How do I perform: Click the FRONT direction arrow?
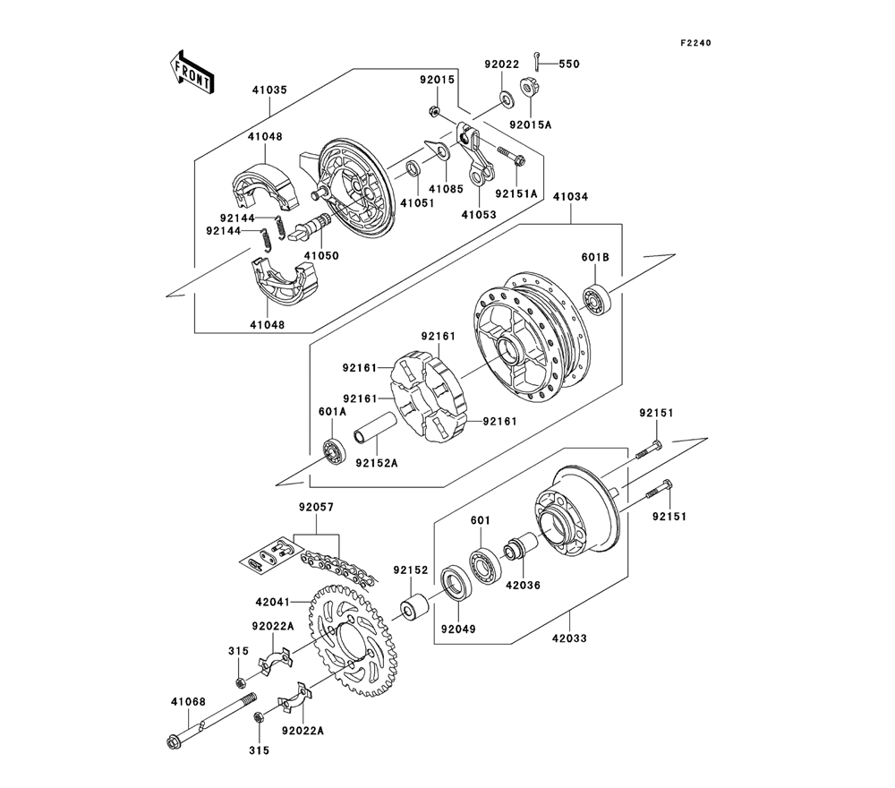[x=193, y=73]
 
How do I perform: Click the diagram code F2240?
[x=695, y=43]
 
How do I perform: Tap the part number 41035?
[x=270, y=90]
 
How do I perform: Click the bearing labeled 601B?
[x=597, y=297]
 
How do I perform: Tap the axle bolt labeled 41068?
[x=209, y=722]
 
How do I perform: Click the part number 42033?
[x=569, y=638]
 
